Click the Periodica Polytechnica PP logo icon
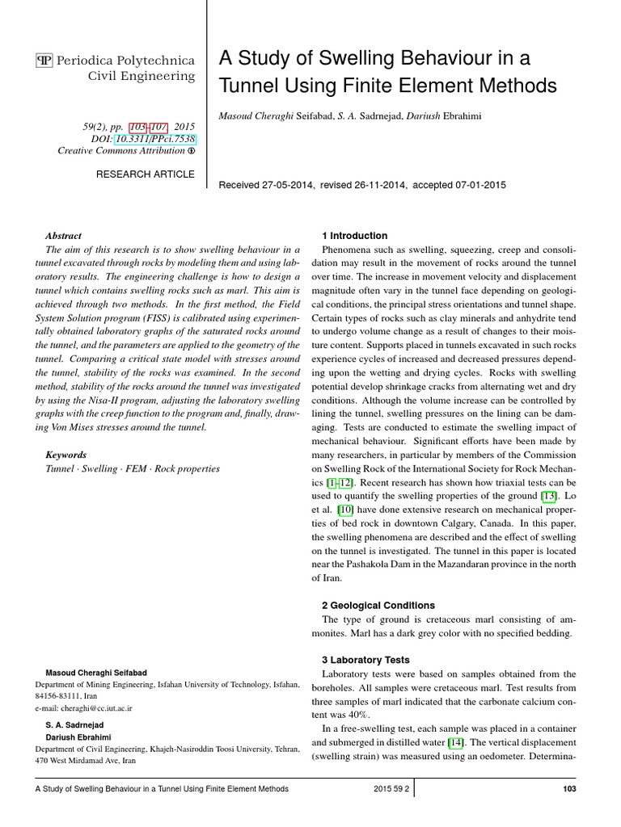point(44,61)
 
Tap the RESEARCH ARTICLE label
point(146,174)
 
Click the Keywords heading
point(65,455)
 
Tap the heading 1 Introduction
point(354,236)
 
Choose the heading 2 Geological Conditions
point(378,605)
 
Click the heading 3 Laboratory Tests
point(365,660)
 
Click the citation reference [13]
point(550,495)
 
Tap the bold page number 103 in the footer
point(568,789)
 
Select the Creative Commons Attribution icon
point(191,151)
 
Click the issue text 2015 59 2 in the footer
point(391,789)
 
